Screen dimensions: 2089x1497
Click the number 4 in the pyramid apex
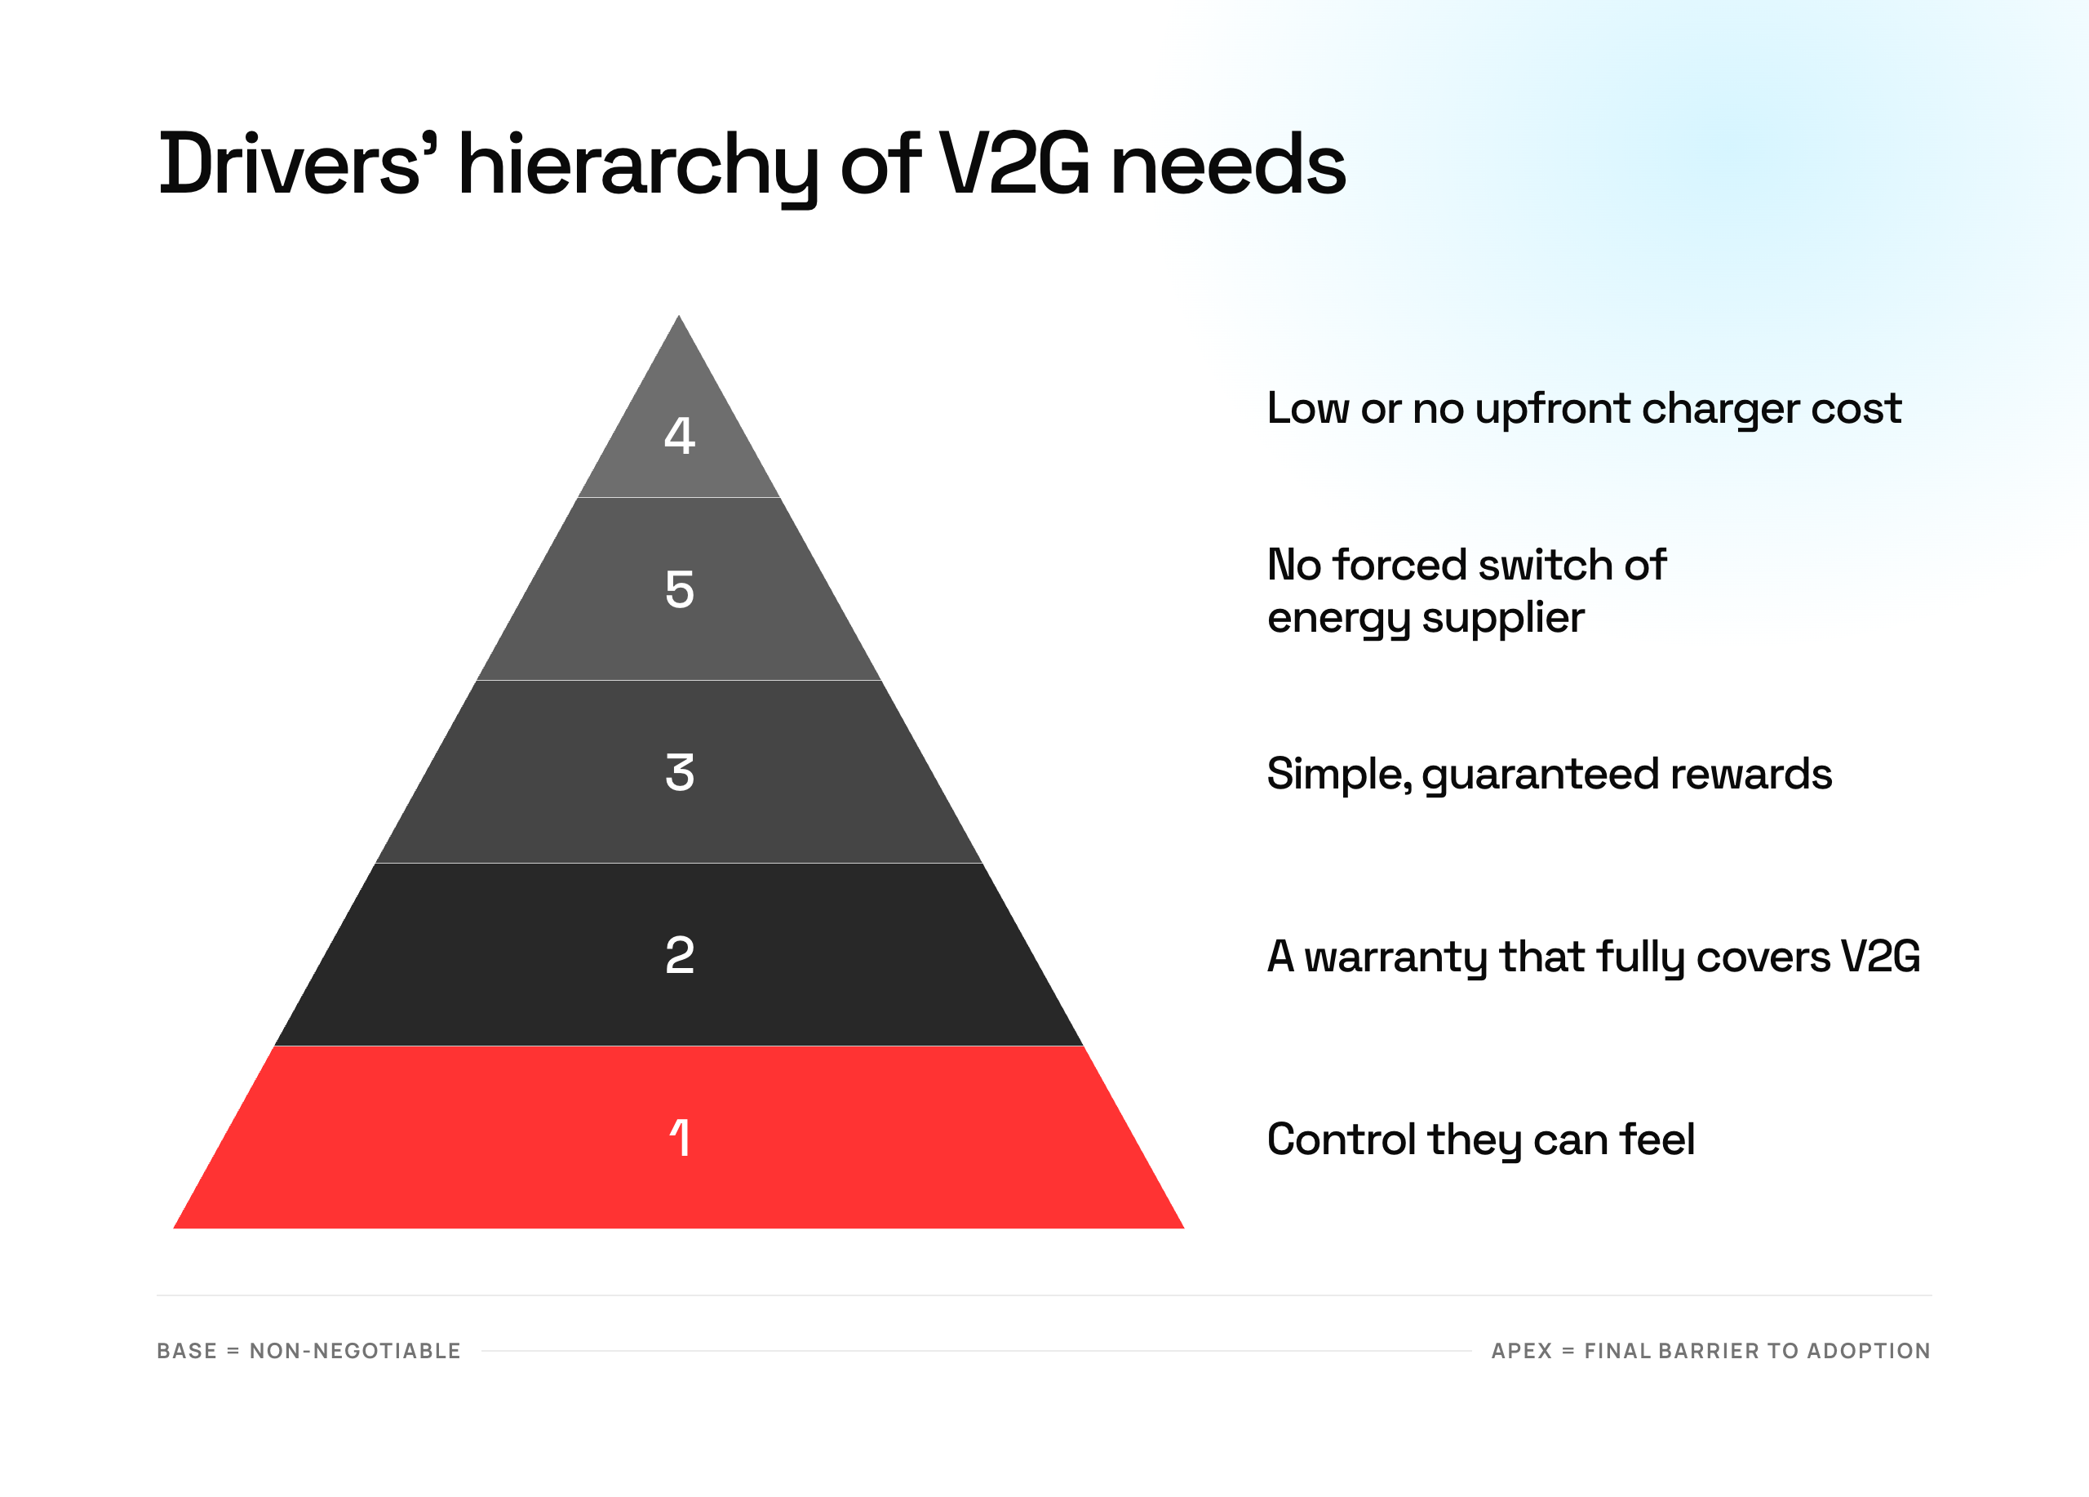tap(679, 435)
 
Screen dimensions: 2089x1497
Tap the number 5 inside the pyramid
tap(679, 589)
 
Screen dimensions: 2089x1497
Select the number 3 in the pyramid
tap(679, 772)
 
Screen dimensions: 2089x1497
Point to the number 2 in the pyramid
tap(679, 954)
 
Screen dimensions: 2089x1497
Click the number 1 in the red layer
tap(679, 1137)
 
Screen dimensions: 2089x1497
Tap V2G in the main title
tap(1013, 164)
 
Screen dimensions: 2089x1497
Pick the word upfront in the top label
tap(1552, 409)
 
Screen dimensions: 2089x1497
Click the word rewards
tap(1751, 774)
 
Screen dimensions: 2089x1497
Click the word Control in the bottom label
tap(1341, 1139)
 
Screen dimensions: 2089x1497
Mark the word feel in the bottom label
tap(1657, 1139)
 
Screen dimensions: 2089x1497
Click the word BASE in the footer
tap(187, 1351)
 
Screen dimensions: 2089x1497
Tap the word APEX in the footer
tap(1522, 1351)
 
